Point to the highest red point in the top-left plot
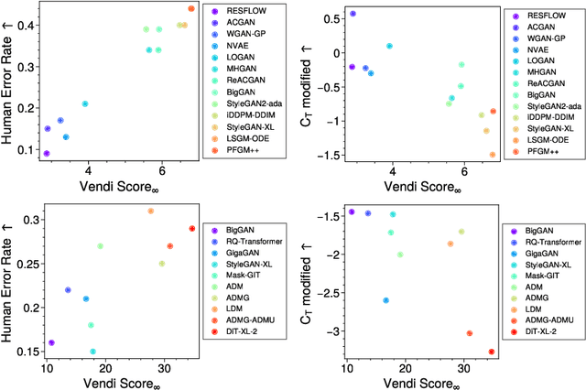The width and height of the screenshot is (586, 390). (191, 8)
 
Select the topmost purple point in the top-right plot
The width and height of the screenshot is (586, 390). (353, 14)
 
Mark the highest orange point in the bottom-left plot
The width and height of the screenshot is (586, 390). (151, 211)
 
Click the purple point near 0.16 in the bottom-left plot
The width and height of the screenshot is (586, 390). (51, 342)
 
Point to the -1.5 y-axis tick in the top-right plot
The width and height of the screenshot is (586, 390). (330, 155)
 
